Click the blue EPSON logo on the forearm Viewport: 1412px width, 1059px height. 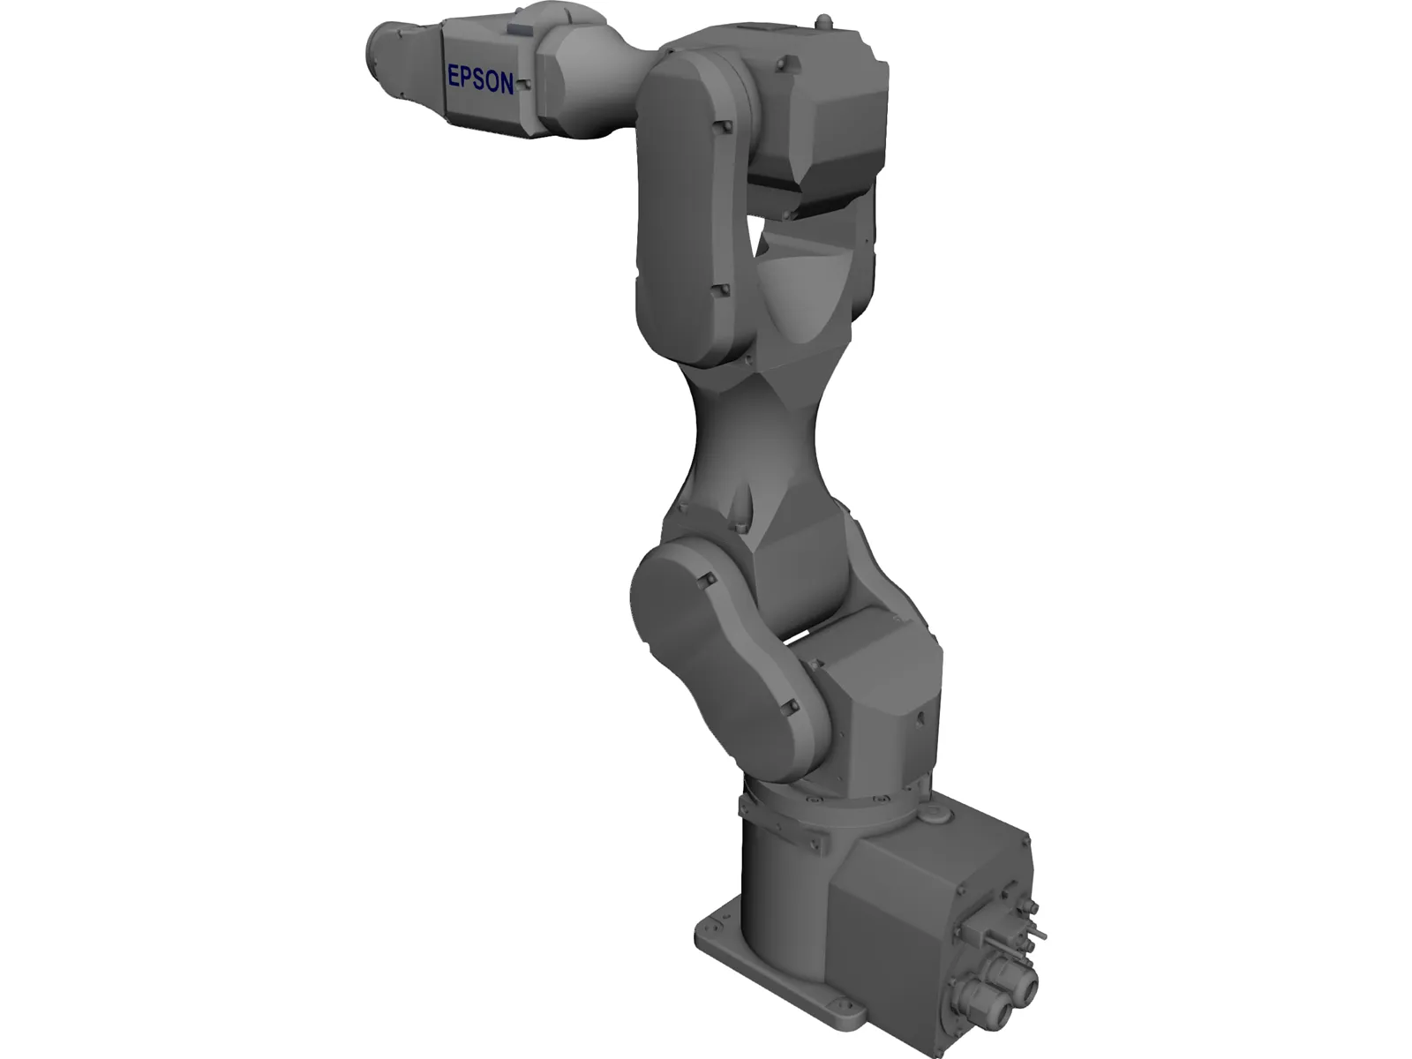(x=480, y=79)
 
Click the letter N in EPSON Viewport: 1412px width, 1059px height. (x=506, y=83)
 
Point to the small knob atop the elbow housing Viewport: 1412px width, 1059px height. (x=822, y=19)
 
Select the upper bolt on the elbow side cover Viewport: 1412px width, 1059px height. (x=725, y=129)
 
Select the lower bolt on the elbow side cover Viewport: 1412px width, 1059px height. (x=720, y=289)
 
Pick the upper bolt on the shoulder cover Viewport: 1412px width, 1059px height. (x=706, y=580)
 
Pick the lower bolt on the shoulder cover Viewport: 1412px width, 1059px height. (x=788, y=707)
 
